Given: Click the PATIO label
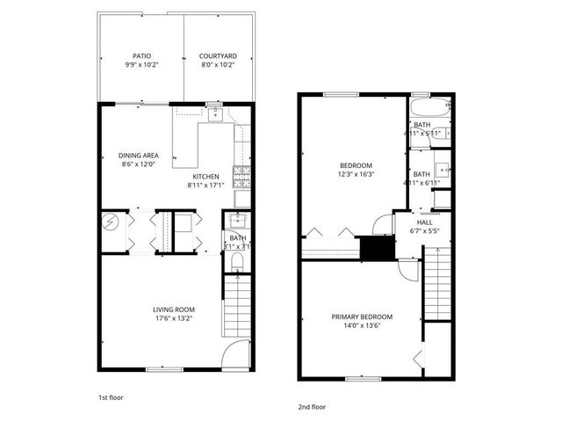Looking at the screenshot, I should (141, 55).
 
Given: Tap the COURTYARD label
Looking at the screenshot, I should (218, 55).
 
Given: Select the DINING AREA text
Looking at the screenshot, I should (139, 155).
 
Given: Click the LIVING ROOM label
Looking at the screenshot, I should (174, 309).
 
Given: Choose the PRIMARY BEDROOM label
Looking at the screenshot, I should (362, 316).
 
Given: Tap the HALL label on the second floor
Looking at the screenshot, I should (425, 222).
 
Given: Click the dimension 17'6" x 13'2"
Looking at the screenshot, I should (174, 318).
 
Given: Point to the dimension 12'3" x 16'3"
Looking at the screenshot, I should (357, 174).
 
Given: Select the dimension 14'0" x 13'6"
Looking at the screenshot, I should (362, 325).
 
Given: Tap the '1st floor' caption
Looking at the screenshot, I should (111, 397).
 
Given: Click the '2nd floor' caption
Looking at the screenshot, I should (312, 407).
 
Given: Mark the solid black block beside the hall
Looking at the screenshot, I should (378, 250).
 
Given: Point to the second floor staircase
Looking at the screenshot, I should (438, 281).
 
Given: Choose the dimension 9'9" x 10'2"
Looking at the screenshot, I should (141, 64).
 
